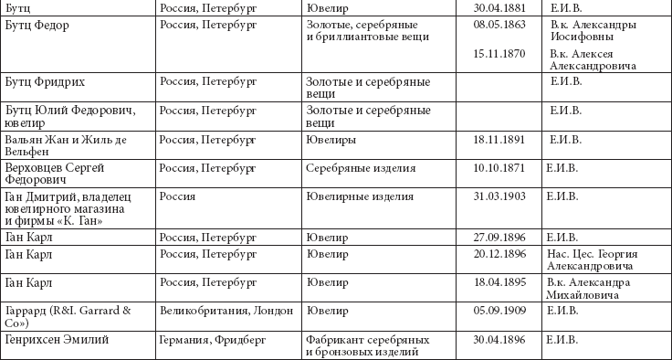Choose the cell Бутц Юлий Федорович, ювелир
(x=69, y=117)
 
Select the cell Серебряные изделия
(x=362, y=168)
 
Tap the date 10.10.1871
(x=499, y=168)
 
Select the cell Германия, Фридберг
(x=213, y=340)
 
